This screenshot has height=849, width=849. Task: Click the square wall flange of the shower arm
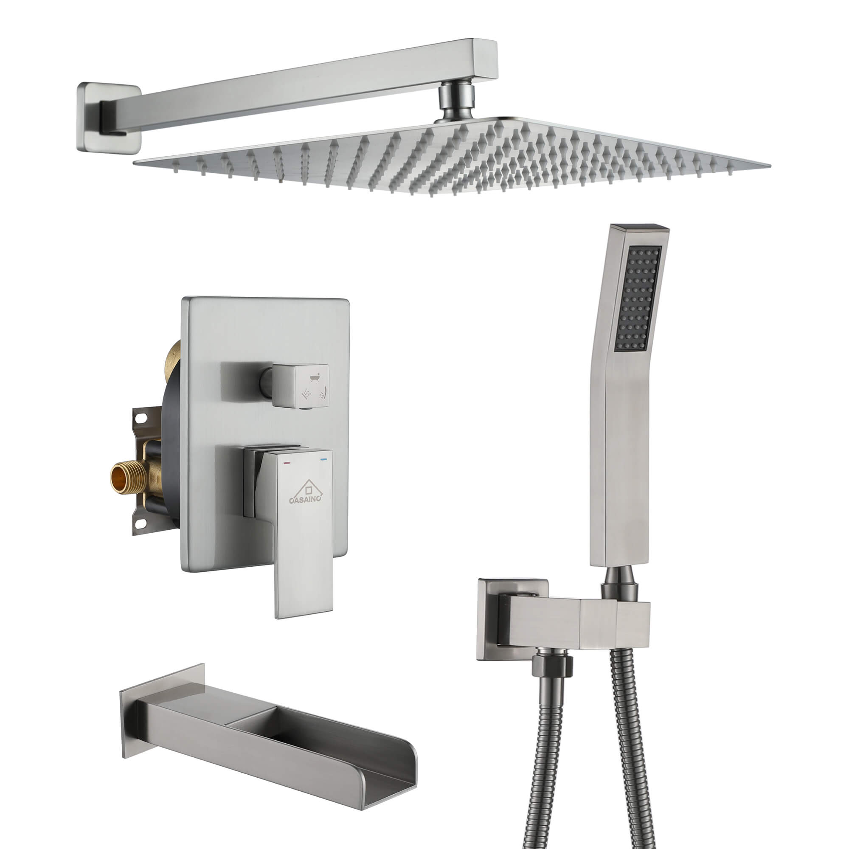point(108,115)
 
